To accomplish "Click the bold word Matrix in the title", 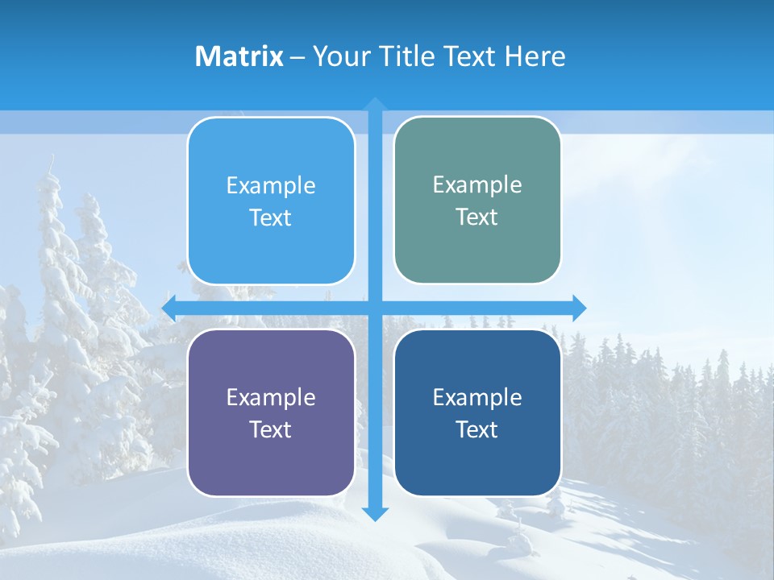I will pyautogui.click(x=239, y=56).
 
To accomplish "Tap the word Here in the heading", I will pyautogui.click(x=535, y=56).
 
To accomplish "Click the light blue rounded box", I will pyautogui.click(x=271, y=201).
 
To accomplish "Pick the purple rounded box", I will pyautogui.click(x=271, y=412).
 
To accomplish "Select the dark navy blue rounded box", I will pyautogui.click(x=477, y=412).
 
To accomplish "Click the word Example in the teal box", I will pyautogui.click(x=477, y=185).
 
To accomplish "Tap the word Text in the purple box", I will pyautogui.click(x=271, y=429).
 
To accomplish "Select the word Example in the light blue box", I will pyautogui.click(x=271, y=186).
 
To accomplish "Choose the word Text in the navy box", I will pyautogui.click(x=477, y=429).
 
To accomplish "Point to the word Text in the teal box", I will pyautogui.click(x=477, y=217).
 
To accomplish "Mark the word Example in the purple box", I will pyautogui.click(x=271, y=397).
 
